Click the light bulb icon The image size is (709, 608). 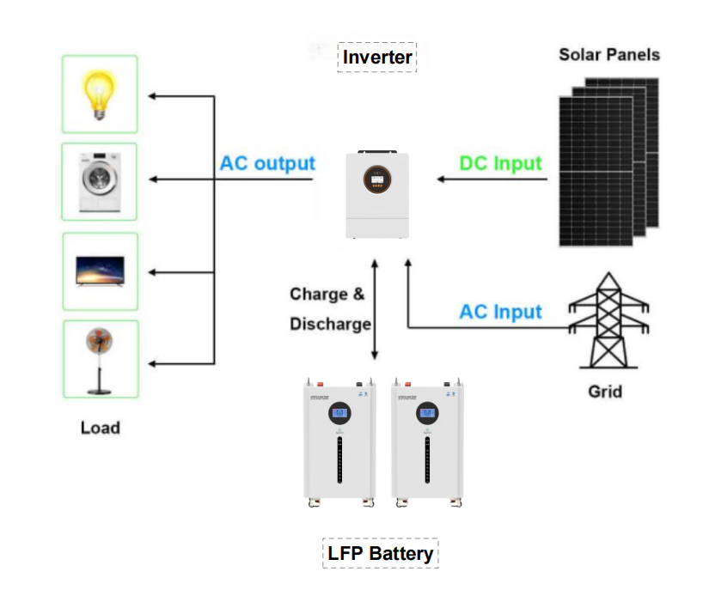pyautogui.click(x=100, y=94)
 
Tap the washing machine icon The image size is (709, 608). pyautogui.click(x=100, y=182)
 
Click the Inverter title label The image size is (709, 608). pyautogui.click(x=377, y=58)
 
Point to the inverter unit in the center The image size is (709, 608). pyautogui.click(x=377, y=196)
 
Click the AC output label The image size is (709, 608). pyautogui.click(x=267, y=163)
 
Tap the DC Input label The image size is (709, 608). pyautogui.click(x=500, y=163)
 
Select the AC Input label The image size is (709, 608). pyautogui.click(x=500, y=311)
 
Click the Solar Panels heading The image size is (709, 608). pyautogui.click(x=609, y=54)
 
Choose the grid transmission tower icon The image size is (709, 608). pyautogui.click(x=608, y=322)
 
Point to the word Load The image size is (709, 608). pyautogui.click(x=100, y=427)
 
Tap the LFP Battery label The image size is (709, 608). pyautogui.click(x=380, y=553)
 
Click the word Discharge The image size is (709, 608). pyautogui.click(x=330, y=325)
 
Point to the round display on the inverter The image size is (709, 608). pyautogui.click(x=377, y=176)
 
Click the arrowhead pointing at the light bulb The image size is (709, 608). pyautogui.click(x=152, y=96)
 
